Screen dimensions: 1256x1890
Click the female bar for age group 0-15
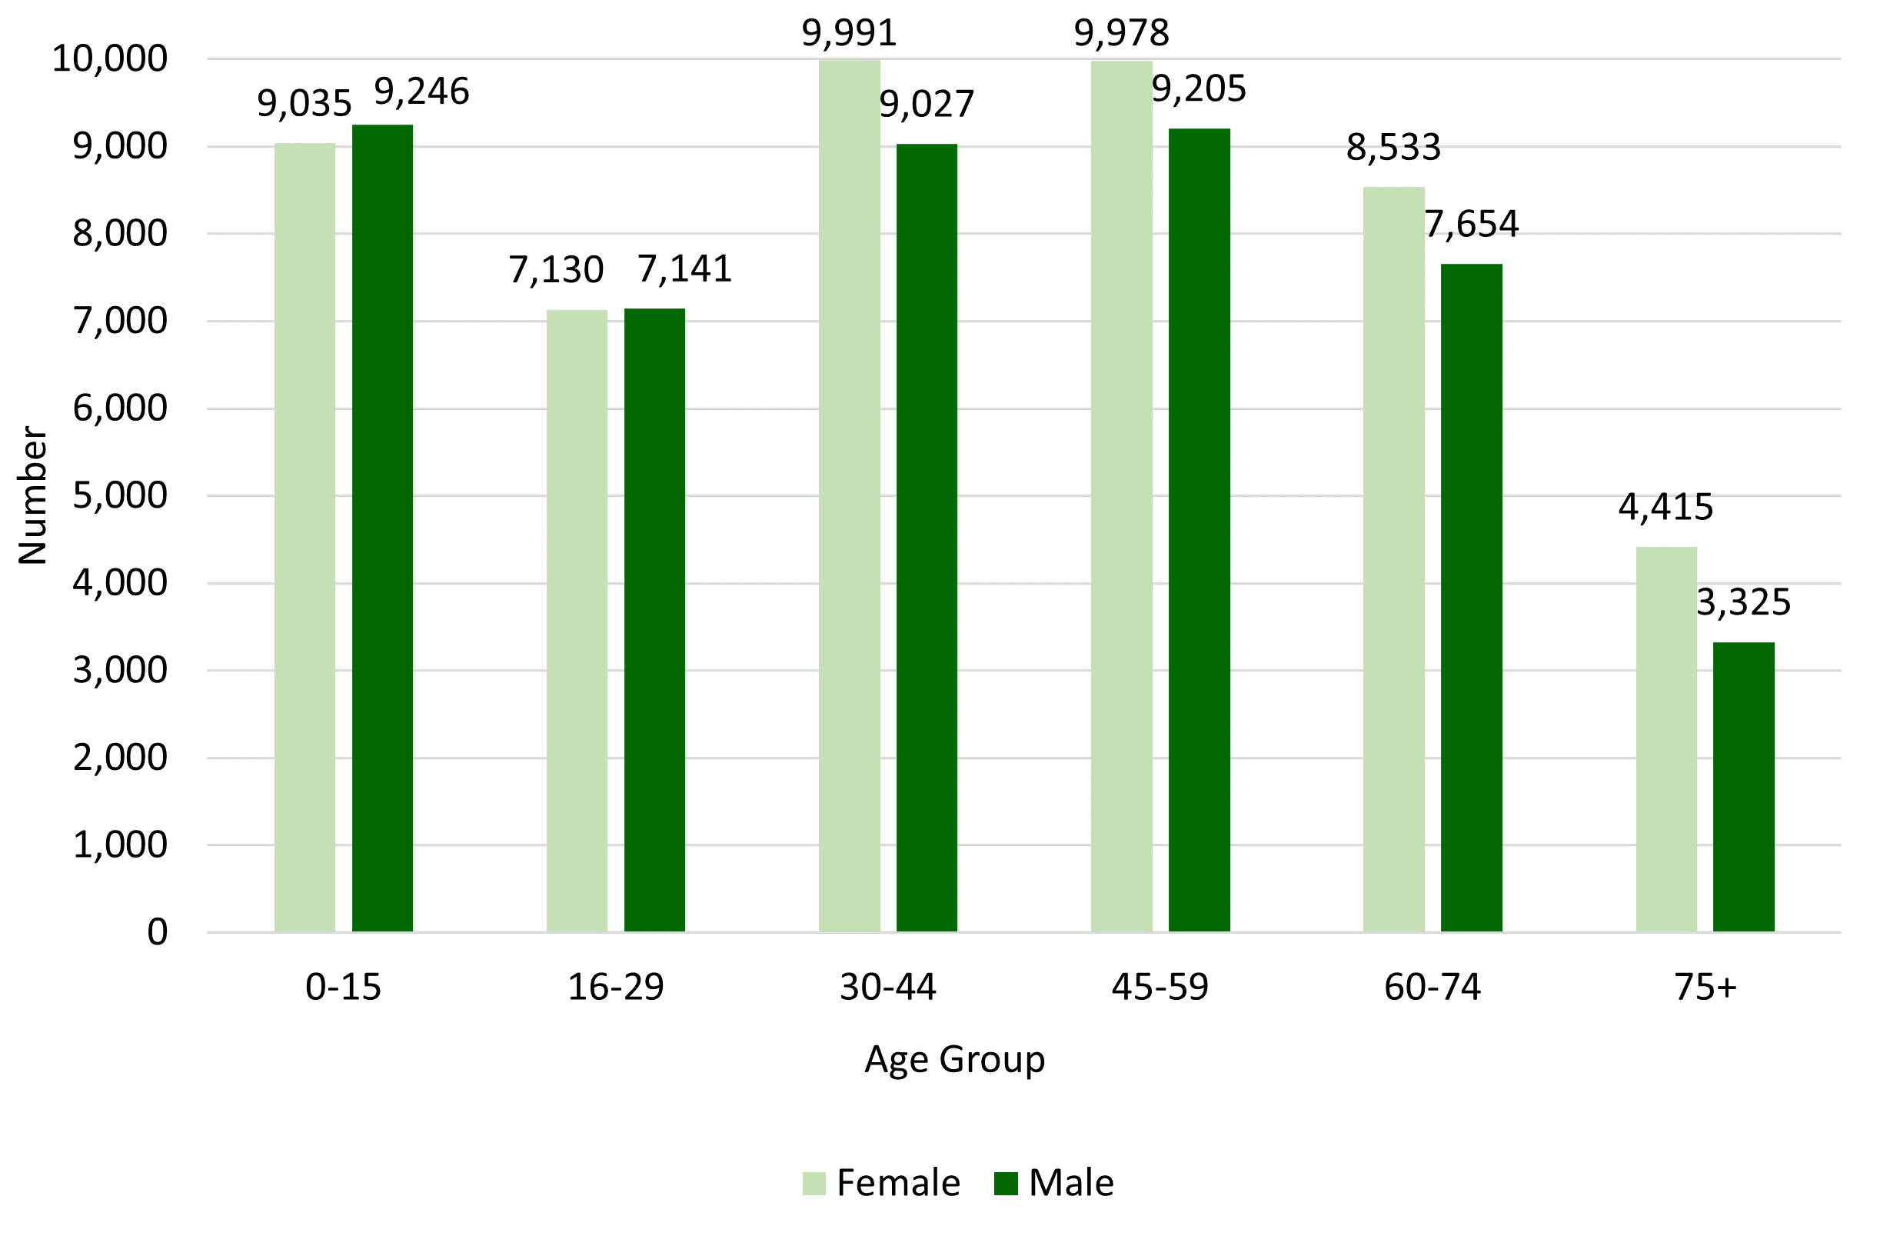coord(304,537)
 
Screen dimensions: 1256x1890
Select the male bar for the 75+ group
coord(1743,787)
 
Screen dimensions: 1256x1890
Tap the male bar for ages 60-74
coord(1471,597)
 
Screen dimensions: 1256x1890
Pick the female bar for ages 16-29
coord(577,620)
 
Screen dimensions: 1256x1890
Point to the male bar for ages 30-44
coord(927,537)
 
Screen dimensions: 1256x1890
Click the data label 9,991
coord(849,34)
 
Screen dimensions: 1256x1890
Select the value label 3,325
coord(1743,602)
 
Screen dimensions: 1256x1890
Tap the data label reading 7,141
coord(685,269)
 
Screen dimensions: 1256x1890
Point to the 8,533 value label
coord(1393,148)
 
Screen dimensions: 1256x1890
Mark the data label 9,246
coord(421,92)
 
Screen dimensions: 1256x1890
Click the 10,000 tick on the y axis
coord(110,59)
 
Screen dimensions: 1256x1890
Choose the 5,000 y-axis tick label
coord(120,496)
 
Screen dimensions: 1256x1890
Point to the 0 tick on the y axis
coord(157,931)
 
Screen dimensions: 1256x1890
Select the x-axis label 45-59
coord(1160,987)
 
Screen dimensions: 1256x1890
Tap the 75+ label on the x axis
coord(1705,987)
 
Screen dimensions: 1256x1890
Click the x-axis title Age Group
coord(954,1059)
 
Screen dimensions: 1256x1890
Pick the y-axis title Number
coord(33,495)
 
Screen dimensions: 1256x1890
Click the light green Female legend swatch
coord(814,1183)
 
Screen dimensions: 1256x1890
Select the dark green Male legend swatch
coord(1006,1183)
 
